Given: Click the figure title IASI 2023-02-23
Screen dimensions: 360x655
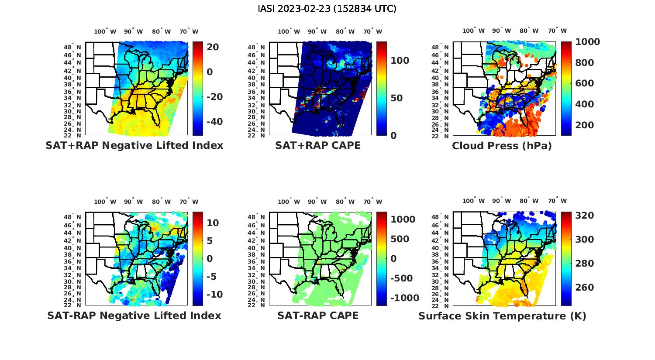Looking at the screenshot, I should click(327, 9).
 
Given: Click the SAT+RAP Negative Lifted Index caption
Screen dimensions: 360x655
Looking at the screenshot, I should click(134, 145).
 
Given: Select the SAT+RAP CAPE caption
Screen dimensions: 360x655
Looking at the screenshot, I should click(318, 145).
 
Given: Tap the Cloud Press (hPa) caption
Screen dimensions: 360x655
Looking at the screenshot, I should click(502, 146).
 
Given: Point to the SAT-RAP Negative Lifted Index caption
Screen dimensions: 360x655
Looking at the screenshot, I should click(134, 315).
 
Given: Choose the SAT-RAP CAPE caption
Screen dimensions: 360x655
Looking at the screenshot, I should click(318, 315).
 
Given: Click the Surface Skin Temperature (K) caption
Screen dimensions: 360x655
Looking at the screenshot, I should click(502, 315).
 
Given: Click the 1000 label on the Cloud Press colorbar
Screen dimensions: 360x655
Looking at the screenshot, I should click(588, 42).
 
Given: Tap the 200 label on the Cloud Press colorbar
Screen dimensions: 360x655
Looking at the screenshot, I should click(585, 125).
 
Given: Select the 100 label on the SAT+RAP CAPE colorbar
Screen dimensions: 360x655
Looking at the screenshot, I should click(400, 61).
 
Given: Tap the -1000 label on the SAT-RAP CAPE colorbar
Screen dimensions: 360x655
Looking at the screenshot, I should click(405, 298).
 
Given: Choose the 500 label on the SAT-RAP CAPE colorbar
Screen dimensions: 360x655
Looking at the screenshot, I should click(400, 239).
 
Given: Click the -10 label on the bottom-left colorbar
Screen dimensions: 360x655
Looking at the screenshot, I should click(214, 295).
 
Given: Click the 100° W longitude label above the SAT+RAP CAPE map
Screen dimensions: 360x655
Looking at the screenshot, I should click(289, 31).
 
